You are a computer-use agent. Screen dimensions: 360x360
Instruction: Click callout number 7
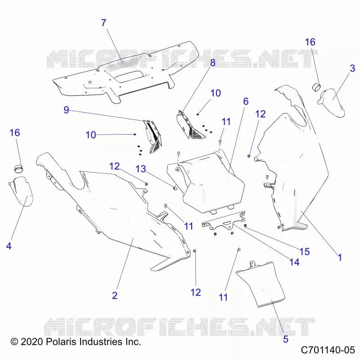point(104,23)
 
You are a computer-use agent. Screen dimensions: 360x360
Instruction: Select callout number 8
point(213,63)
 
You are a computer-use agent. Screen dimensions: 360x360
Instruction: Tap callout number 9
point(66,110)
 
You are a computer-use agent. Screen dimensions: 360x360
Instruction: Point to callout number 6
point(246,101)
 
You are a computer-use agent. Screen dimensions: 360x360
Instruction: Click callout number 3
point(352,68)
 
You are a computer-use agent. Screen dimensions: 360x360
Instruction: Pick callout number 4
point(9,246)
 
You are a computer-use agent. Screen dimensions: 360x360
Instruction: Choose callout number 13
point(141,169)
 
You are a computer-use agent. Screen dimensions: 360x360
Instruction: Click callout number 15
point(305,252)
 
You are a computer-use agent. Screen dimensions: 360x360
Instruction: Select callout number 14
point(294,262)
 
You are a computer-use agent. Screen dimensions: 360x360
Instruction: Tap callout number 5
point(286,339)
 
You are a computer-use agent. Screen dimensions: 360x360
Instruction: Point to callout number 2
point(115,295)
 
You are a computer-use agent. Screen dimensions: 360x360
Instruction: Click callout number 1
point(340,257)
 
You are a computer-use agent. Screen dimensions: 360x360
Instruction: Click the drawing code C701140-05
point(328,350)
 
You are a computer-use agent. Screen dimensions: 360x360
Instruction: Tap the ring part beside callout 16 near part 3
point(317,87)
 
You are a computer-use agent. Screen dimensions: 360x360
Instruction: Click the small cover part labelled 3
point(331,103)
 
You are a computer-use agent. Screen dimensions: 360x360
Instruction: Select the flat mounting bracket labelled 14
point(224,221)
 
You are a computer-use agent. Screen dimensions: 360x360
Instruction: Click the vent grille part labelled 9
point(153,136)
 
